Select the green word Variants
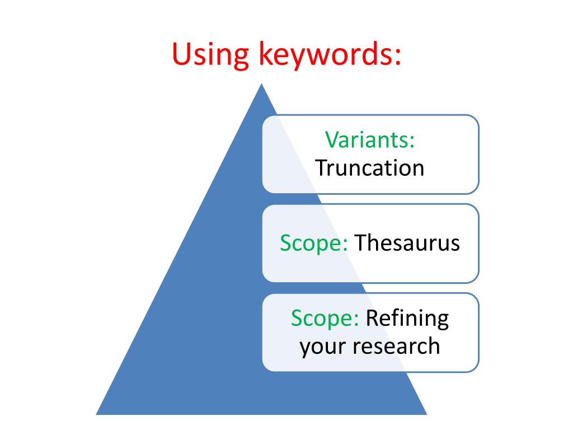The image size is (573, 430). point(370,140)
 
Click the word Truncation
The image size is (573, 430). point(370,167)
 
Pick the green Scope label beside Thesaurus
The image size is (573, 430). point(314,243)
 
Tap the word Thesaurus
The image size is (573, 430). point(407,243)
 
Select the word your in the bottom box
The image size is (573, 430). point(323,346)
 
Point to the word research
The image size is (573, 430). point(396,346)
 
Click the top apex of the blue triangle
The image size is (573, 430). point(261,85)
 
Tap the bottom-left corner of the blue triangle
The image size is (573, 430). point(97,413)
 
